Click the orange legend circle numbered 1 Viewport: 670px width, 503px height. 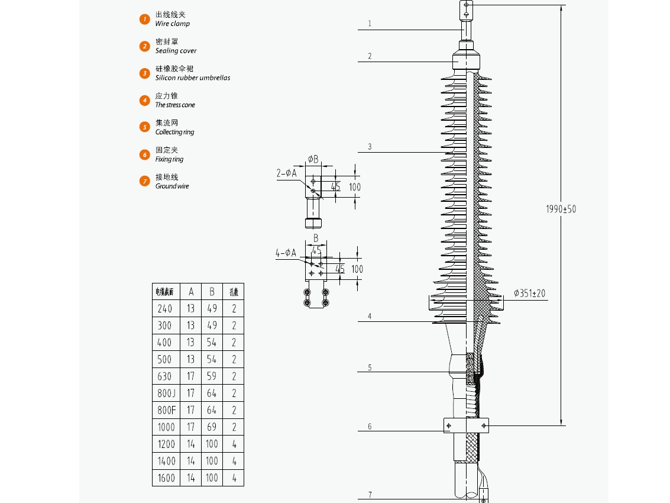(x=145, y=19)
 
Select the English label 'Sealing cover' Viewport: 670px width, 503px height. (x=176, y=51)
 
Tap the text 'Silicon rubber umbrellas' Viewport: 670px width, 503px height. (x=192, y=78)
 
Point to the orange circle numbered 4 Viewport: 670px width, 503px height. (x=145, y=100)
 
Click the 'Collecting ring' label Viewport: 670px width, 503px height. (x=174, y=132)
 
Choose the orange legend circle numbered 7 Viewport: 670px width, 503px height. (x=145, y=181)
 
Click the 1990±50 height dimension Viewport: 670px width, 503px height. (x=560, y=209)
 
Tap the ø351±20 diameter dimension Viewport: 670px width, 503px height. (x=529, y=293)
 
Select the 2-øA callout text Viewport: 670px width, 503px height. (x=286, y=173)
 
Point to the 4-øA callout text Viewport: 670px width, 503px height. (x=286, y=253)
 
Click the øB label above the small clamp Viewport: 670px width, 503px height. (x=313, y=159)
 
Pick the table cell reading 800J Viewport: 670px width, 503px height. (x=166, y=393)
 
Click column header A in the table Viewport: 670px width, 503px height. (x=191, y=291)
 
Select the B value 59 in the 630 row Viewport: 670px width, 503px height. (x=212, y=376)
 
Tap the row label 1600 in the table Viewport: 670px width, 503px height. (x=166, y=478)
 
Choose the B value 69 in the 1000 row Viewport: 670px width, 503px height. (x=212, y=427)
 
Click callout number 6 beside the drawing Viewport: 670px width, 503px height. (x=370, y=427)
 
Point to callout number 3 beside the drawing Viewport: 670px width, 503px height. (x=370, y=147)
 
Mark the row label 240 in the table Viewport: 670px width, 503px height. (x=166, y=308)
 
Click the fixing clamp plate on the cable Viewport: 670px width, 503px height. (x=466, y=425)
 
